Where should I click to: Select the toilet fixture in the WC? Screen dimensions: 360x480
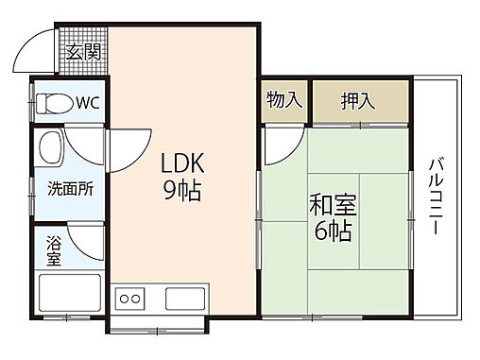(58, 102)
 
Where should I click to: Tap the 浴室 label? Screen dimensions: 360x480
(53, 251)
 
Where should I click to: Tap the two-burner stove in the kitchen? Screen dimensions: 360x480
(129, 300)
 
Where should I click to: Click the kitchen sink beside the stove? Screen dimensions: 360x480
(188, 300)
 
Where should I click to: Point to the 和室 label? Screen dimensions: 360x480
(330, 203)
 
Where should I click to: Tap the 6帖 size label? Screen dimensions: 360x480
(330, 231)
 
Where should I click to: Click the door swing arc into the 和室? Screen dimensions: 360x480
(282, 144)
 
